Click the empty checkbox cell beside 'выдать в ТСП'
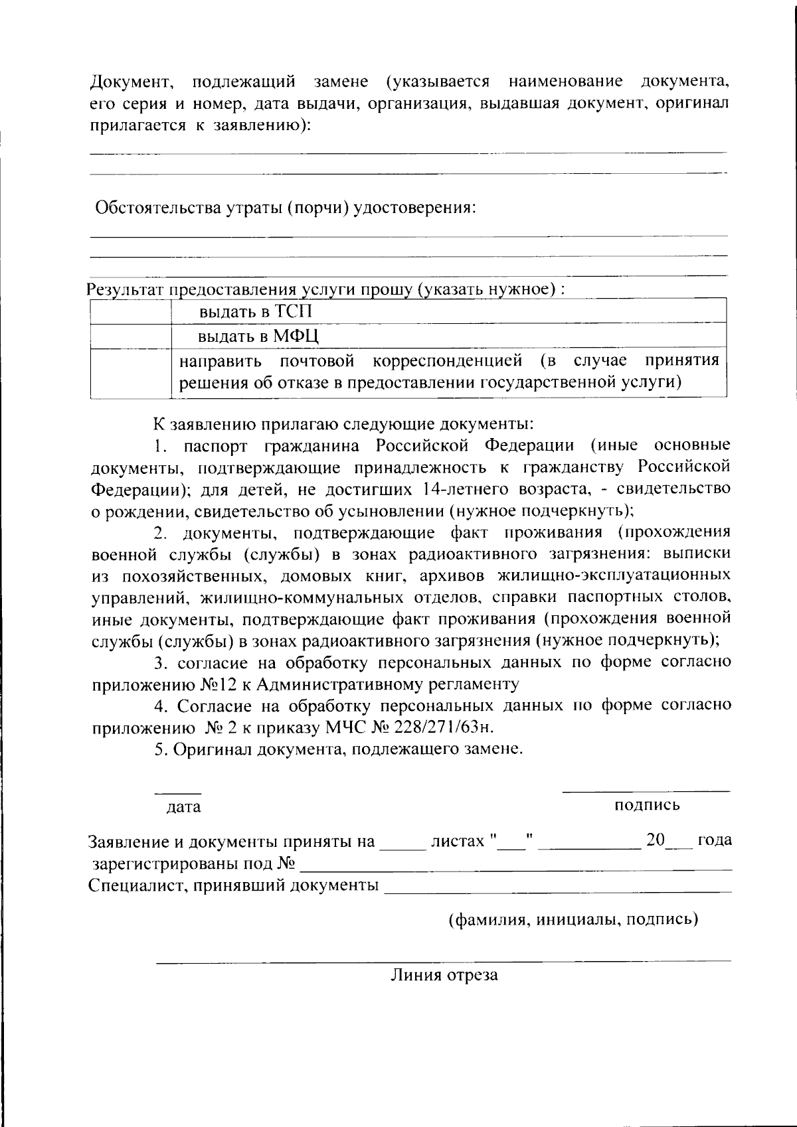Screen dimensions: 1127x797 tap(130, 311)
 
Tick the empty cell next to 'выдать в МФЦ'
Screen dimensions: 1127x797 tap(130, 336)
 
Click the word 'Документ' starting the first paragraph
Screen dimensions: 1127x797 tap(132, 82)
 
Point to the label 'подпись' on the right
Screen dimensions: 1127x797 tap(647, 805)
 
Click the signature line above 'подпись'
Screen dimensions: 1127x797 tap(646, 790)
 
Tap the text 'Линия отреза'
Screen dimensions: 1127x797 tap(444, 975)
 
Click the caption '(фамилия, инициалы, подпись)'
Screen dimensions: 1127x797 tap(573, 920)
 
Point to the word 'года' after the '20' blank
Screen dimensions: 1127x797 tap(715, 840)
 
